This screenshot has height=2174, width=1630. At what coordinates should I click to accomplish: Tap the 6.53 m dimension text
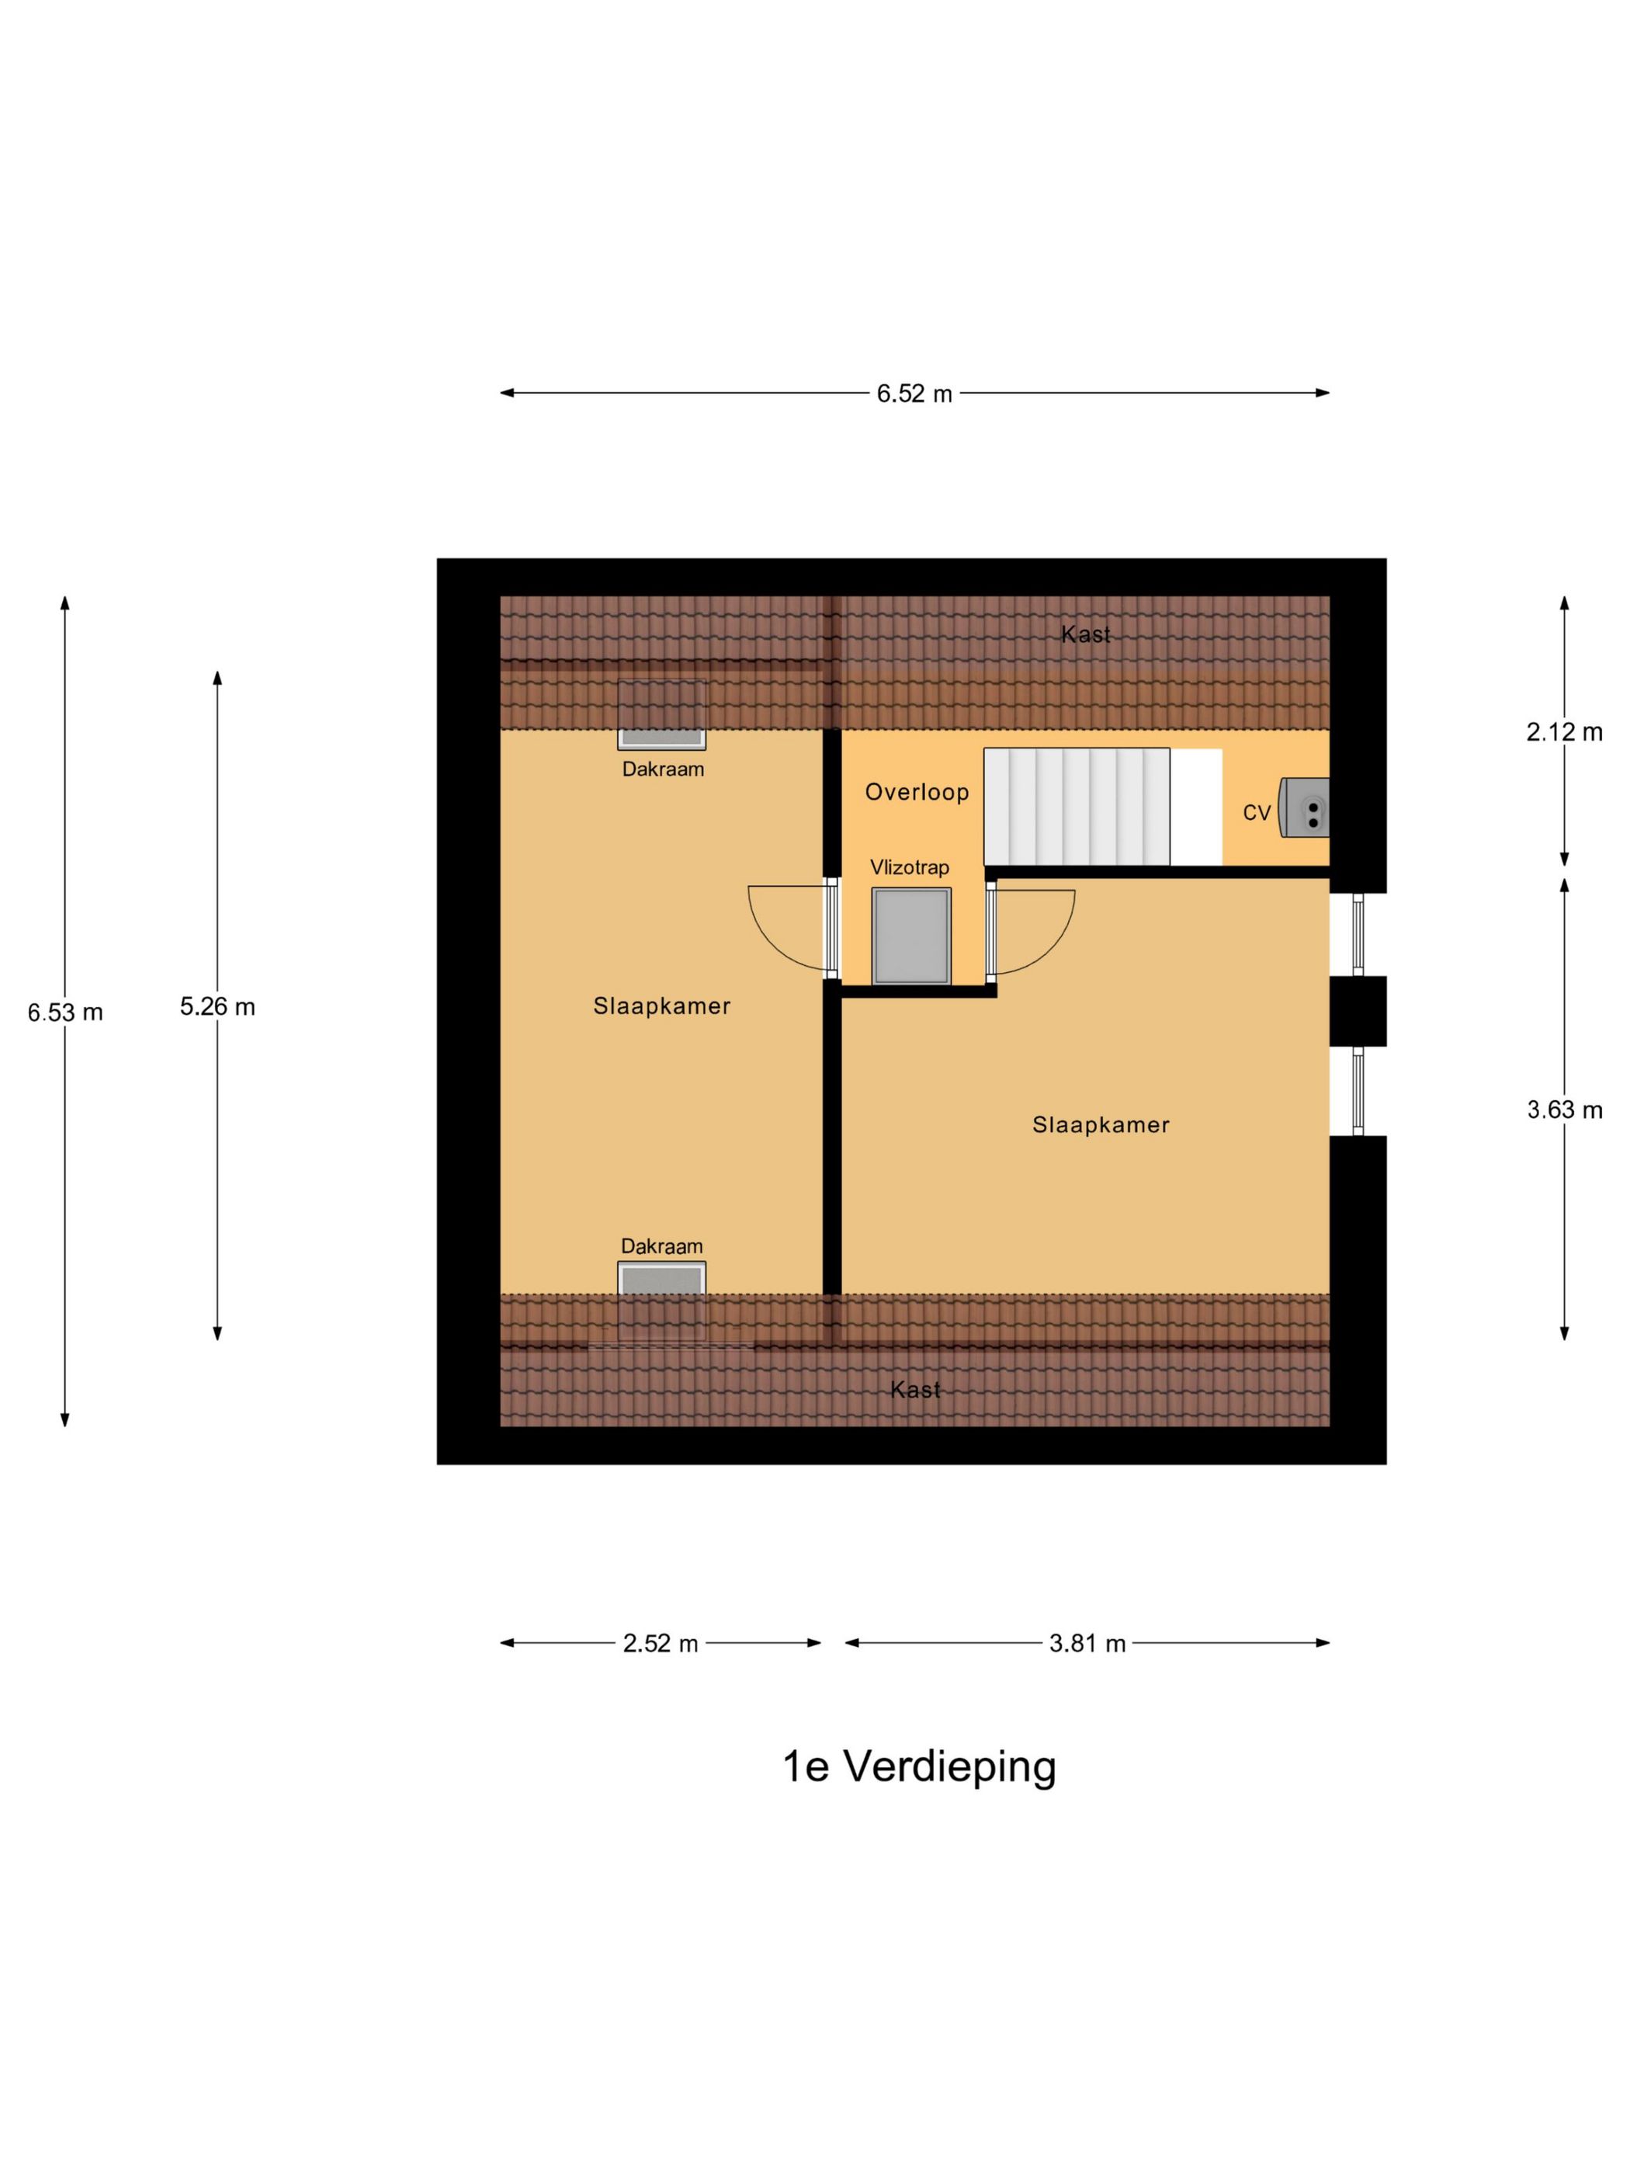tap(65, 1012)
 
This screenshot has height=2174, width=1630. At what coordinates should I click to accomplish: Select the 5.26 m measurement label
tap(217, 1006)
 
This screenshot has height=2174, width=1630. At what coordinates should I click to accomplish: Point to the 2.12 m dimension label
tap(1564, 732)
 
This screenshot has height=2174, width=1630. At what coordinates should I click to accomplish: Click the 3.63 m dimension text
tap(1564, 1110)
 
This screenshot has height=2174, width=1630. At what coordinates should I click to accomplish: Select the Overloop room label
tap(917, 792)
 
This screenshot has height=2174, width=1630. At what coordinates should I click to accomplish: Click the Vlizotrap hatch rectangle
tap(910, 936)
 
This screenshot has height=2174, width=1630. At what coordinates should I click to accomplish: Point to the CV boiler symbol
tap(1304, 808)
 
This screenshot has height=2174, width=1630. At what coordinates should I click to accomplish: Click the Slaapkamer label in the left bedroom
tap(661, 1006)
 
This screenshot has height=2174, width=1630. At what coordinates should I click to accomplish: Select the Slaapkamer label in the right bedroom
tap(1101, 1125)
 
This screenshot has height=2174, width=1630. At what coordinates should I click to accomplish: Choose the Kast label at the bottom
tap(914, 1390)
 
